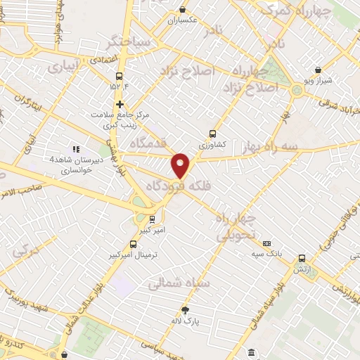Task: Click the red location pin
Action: [181, 165]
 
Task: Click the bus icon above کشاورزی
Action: [213, 132]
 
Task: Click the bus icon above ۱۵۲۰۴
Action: [118, 75]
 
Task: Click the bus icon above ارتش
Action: [302, 258]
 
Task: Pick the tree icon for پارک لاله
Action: [186, 310]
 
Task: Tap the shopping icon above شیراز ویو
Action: [319, 70]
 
